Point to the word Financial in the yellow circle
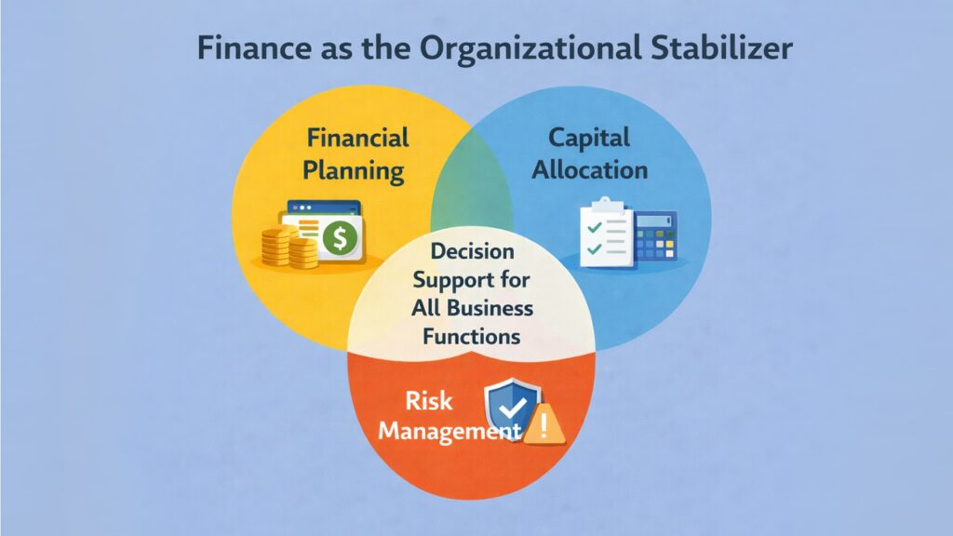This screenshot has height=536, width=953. [x=358, y=139]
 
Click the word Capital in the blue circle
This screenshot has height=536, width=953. [x=588, y=139]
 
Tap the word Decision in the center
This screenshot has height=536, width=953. [x=473, y=252]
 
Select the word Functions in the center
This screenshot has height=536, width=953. [x=472, y=336]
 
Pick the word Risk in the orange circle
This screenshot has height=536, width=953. [x=428, y=400]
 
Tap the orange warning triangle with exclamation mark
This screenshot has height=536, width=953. [x=544, y=427]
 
